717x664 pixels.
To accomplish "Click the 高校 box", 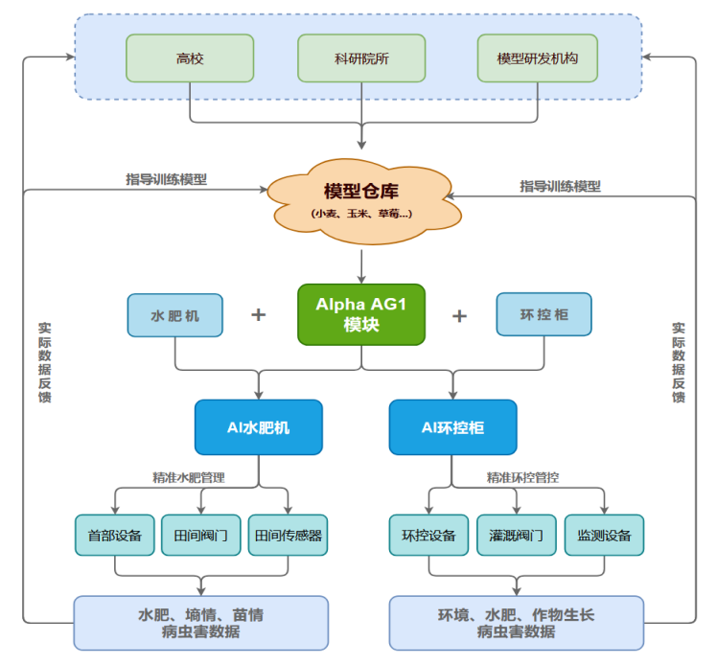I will coord(190,58).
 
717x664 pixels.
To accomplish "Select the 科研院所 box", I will coord(360,58).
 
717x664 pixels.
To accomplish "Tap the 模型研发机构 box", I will coord(537,58).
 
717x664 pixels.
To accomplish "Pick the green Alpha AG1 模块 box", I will coord(361,314).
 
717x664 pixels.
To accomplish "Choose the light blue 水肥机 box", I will coord(175,315).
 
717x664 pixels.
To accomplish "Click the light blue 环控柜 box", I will coord(544,314).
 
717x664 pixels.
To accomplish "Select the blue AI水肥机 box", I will coord(258,427).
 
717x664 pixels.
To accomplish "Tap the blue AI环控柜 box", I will coord(452,427).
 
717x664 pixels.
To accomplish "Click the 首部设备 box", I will coord(115,536).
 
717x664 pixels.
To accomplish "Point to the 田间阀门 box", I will coord(200,536).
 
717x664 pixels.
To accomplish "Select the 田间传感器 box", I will coord(287,536).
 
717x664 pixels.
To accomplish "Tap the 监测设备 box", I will coord(604,536).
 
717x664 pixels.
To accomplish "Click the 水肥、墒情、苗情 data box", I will coord(200,623).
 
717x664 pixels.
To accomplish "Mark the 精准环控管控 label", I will coord(522,476).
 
